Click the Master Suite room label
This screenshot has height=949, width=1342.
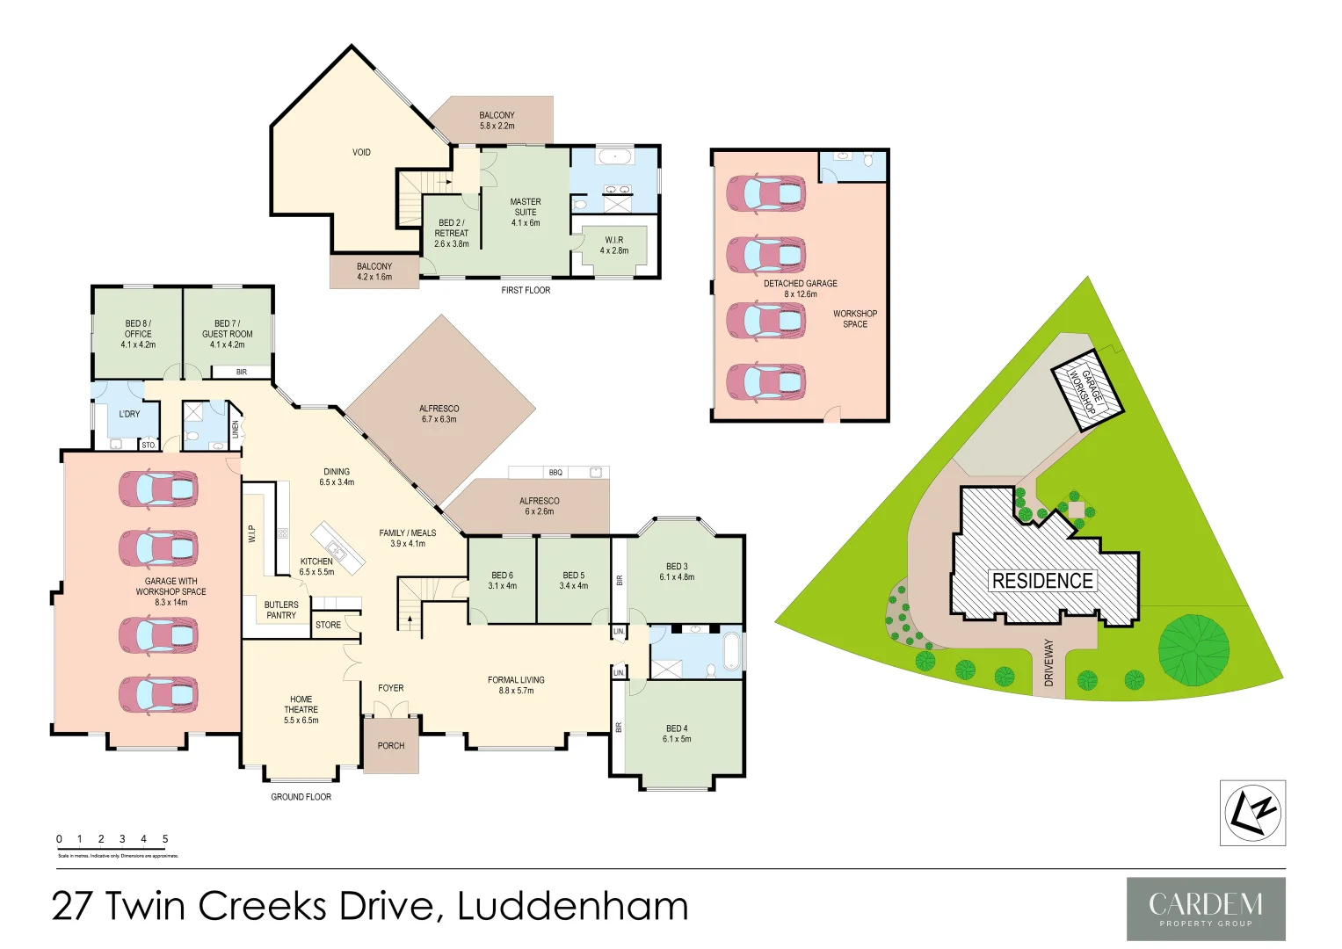click(x=526, y=212)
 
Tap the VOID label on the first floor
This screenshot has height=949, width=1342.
click(x=361, y=153)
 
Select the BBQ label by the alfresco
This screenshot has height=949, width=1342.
click(x=555, y=473)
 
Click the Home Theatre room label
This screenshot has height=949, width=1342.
click(x=301, y=709)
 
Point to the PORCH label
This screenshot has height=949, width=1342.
click(x=391, y=746)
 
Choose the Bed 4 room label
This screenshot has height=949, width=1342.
click(x=677, y=734)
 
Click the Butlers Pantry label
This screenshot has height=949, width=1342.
click(x=281, y=610)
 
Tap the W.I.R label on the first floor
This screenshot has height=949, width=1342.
click(x=614, y=245)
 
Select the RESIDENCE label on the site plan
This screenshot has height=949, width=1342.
click(x=1042, y=581)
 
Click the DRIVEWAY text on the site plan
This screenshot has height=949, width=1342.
click(x=1048, y=663)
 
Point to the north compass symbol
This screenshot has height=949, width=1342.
click(x=1252, y=813)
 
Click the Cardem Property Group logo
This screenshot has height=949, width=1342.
click(x=1206, y=909)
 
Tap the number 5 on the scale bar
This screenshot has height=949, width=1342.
click(x=165, y=839)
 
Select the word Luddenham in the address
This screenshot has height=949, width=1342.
click(x=573, y=907)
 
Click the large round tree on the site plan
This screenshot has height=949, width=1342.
click(x=1193, y=650)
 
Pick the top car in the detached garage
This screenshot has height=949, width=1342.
click(x=766, y=194)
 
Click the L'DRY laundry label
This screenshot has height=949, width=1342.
click(x=129, y=414)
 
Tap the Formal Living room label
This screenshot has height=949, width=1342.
click(x=516, y=685)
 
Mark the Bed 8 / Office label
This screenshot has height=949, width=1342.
click(x=138, y=334)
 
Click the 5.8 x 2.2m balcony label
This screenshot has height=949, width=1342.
click(x=497, y=120)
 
